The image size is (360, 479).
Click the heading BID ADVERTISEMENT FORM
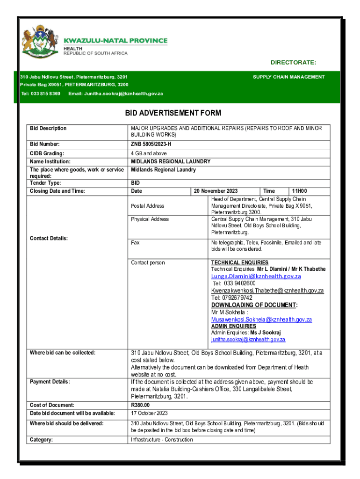click(x=173, y=113)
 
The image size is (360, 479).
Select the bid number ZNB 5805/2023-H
click(x=154, y=144)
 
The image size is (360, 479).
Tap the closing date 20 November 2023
click(x=216, y=191)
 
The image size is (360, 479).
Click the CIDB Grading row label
click(x=47, y=153)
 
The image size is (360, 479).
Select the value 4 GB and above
click(x=149, y=153)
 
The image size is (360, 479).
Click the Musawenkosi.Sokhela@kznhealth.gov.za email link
click(x=261, y=319)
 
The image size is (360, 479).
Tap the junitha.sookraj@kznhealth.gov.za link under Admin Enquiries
click(x=248, y=340)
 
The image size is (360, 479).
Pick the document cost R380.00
click(x=140, y=405)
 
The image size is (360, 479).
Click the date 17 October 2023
click(x=149, y=413)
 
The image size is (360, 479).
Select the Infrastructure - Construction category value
click(x=161, y=440)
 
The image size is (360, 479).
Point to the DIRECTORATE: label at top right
click(x=293, y=63)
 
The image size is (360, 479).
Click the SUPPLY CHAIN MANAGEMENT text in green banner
click(x=288, y=77)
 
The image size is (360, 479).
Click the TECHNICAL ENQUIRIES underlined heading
click(x=239, y=263)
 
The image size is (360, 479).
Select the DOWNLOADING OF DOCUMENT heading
click(x=254, y=305)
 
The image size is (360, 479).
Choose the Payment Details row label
click(x=50, y=382)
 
